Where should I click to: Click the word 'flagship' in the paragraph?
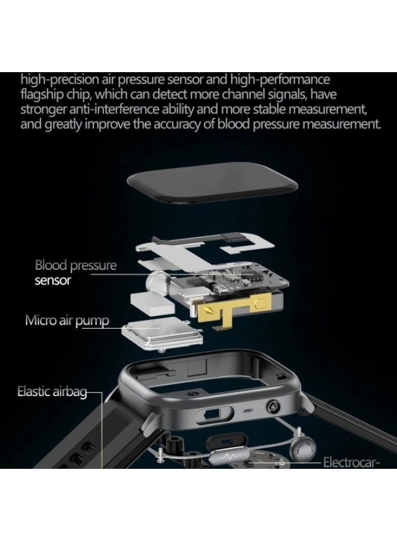point(43,95)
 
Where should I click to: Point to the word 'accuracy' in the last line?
point(184,125)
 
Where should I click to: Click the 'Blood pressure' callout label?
point(75,265)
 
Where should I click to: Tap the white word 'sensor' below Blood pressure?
point(53,281)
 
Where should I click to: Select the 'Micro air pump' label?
point(67,320)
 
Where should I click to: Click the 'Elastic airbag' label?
point(52,393)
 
